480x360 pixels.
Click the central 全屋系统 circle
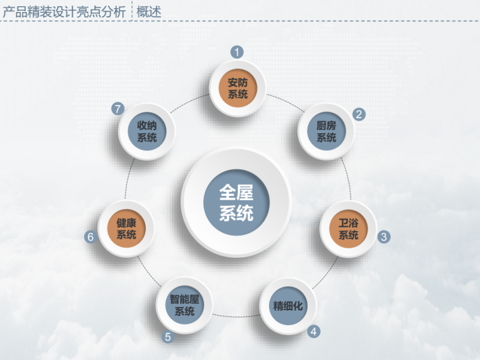[236, 203]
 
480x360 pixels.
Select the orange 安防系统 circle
[237, 88]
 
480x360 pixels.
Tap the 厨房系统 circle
[327, 131]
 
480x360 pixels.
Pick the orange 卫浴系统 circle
[348, 229]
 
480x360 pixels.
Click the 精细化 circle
[288, 307]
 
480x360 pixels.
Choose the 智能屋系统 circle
[184, 305]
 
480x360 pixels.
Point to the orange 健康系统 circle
[126, 229]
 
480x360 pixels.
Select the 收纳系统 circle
[147, 131]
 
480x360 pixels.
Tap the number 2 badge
[359, 114]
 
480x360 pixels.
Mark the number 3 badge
[384, 237]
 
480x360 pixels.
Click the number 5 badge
[167, 337]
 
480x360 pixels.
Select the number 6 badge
[90, 237]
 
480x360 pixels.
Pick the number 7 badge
[117, 108]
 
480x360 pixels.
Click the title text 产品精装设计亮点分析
[63, 11]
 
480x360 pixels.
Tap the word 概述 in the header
[149, 11]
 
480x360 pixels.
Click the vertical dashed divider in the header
[133, 11]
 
